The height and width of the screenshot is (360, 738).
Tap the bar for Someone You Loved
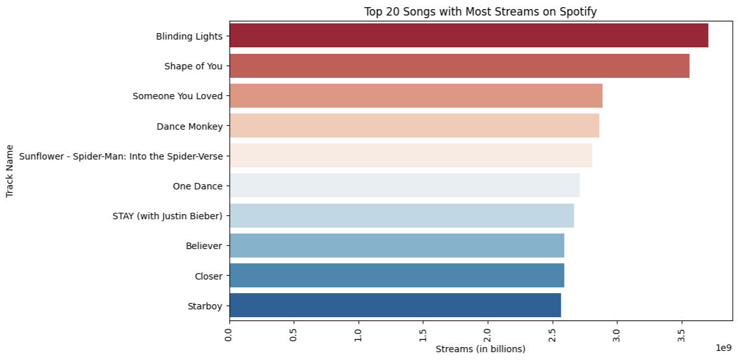pyautogui.click(x=416, y=96)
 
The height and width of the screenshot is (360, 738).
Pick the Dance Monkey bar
pyautogui.click(x=414, y=126)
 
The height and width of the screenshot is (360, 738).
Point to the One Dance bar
pyautogui.click(x=404, y=186)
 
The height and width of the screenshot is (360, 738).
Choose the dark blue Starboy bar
pyautogui.click(x=395, y=306)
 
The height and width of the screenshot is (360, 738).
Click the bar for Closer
pyautogui.click(x=397, y=276)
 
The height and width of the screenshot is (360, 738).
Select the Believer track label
pyautogui.click(x=204, y=246)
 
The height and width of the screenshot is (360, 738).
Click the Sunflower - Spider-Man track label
pyautogui.click(x=121, y=156)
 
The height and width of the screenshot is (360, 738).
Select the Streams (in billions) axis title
pyautogui.click(x=480, y=350)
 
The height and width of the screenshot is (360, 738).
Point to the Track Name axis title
pyautogui.click(x=10, y=171)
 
